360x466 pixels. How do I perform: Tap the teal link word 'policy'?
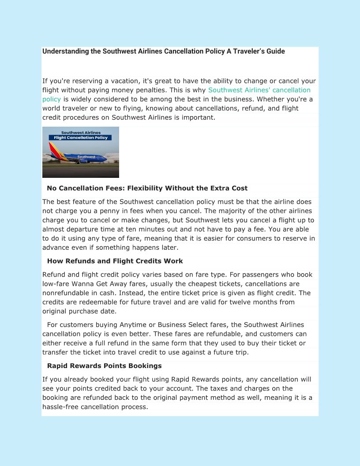(x=51, y=99)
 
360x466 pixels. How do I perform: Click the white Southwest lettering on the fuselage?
(x=86, y=157)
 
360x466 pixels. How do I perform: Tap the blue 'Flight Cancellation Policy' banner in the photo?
(x=80, y=138)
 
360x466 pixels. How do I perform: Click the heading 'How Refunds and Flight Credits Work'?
(x=115, y=261)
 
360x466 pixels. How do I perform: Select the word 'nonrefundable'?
(x=65, y=293)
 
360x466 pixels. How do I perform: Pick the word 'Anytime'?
(x=129, y=325)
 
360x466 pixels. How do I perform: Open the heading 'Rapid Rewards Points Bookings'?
(x=104, y=366)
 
